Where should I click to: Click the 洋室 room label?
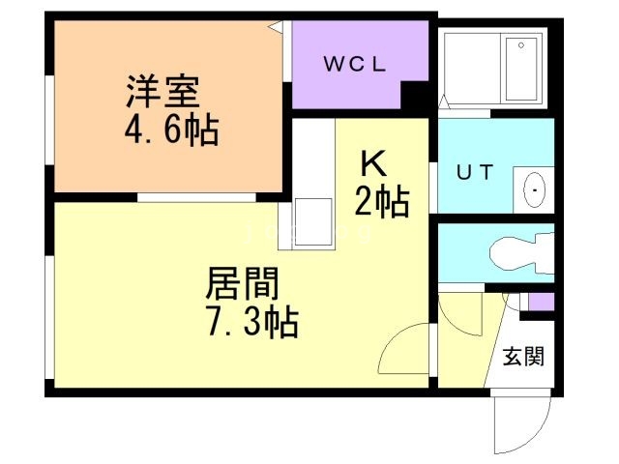162,94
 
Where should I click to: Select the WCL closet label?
354,65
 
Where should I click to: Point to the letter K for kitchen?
373,162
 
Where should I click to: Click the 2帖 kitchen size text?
381,201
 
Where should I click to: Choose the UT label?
475,173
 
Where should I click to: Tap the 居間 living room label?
242,284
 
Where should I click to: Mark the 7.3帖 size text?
251,321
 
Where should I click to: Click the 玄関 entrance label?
522,356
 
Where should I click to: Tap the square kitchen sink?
311,223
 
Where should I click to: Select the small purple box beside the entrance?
540,302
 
